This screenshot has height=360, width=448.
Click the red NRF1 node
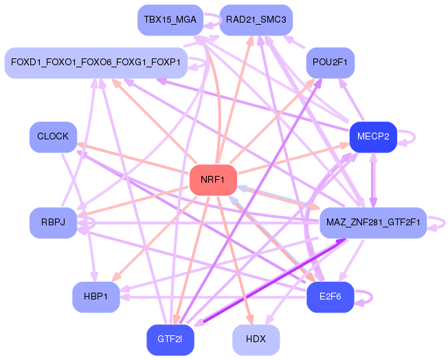pyautogui.click(x=213, y=180)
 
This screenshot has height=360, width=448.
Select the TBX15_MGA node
pyautogui.click(x=170, y=20)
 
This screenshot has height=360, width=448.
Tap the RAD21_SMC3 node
pyautogui.click(x=256, y=20)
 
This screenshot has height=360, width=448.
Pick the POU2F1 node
pyautogui.click(x=330, y=63)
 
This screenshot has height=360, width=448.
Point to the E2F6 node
pyautogui.click(x=331, y=297)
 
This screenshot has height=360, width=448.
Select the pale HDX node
pyautogui.click(x=256, y=340)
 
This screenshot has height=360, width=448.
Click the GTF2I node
pyautogui.click(x=170, y=340)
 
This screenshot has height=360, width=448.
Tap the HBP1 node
pyautogui.click(x=96, y=297)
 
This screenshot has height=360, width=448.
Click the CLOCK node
pyautogui.click(x=53, y=137)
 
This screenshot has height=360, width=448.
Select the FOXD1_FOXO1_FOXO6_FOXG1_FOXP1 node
pyautogui.click(x=96, y=63)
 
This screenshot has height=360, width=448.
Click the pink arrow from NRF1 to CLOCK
pyautogui.click(x=131, y=158)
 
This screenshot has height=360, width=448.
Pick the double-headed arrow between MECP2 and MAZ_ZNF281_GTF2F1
pyautogui.click(x=373, y=180)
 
